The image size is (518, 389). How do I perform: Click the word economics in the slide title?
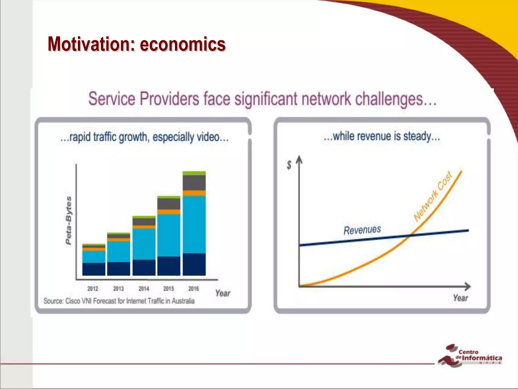183,44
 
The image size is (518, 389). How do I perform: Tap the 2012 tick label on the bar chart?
93,288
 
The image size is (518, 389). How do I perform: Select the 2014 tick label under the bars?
144,288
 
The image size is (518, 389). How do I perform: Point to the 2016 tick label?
193,288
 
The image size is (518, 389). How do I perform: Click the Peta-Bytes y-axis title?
69,220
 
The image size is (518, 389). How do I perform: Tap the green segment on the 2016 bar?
194,173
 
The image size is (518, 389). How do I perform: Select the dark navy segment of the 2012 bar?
94,269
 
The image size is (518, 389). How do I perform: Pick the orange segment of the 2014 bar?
144,227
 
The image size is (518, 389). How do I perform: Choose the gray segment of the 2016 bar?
194,183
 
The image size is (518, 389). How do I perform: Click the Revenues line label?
362,230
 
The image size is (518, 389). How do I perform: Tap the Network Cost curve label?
433,197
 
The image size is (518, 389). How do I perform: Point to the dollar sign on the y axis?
289,165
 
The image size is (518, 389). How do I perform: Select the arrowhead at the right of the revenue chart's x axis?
468,286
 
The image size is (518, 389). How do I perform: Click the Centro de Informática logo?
469,355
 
